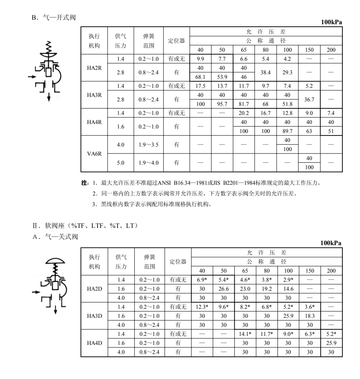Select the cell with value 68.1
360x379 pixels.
point(201,77)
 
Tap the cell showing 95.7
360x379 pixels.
point(222,104)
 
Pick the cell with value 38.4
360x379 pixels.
point(266,72)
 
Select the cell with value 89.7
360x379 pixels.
point(288,131)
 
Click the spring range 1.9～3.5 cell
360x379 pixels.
point(149,145)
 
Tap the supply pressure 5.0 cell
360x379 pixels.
point(121,163)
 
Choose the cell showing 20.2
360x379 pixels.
point(244,113)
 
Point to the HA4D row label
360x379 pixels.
point(94,342)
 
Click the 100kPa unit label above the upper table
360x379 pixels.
point(331,22)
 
